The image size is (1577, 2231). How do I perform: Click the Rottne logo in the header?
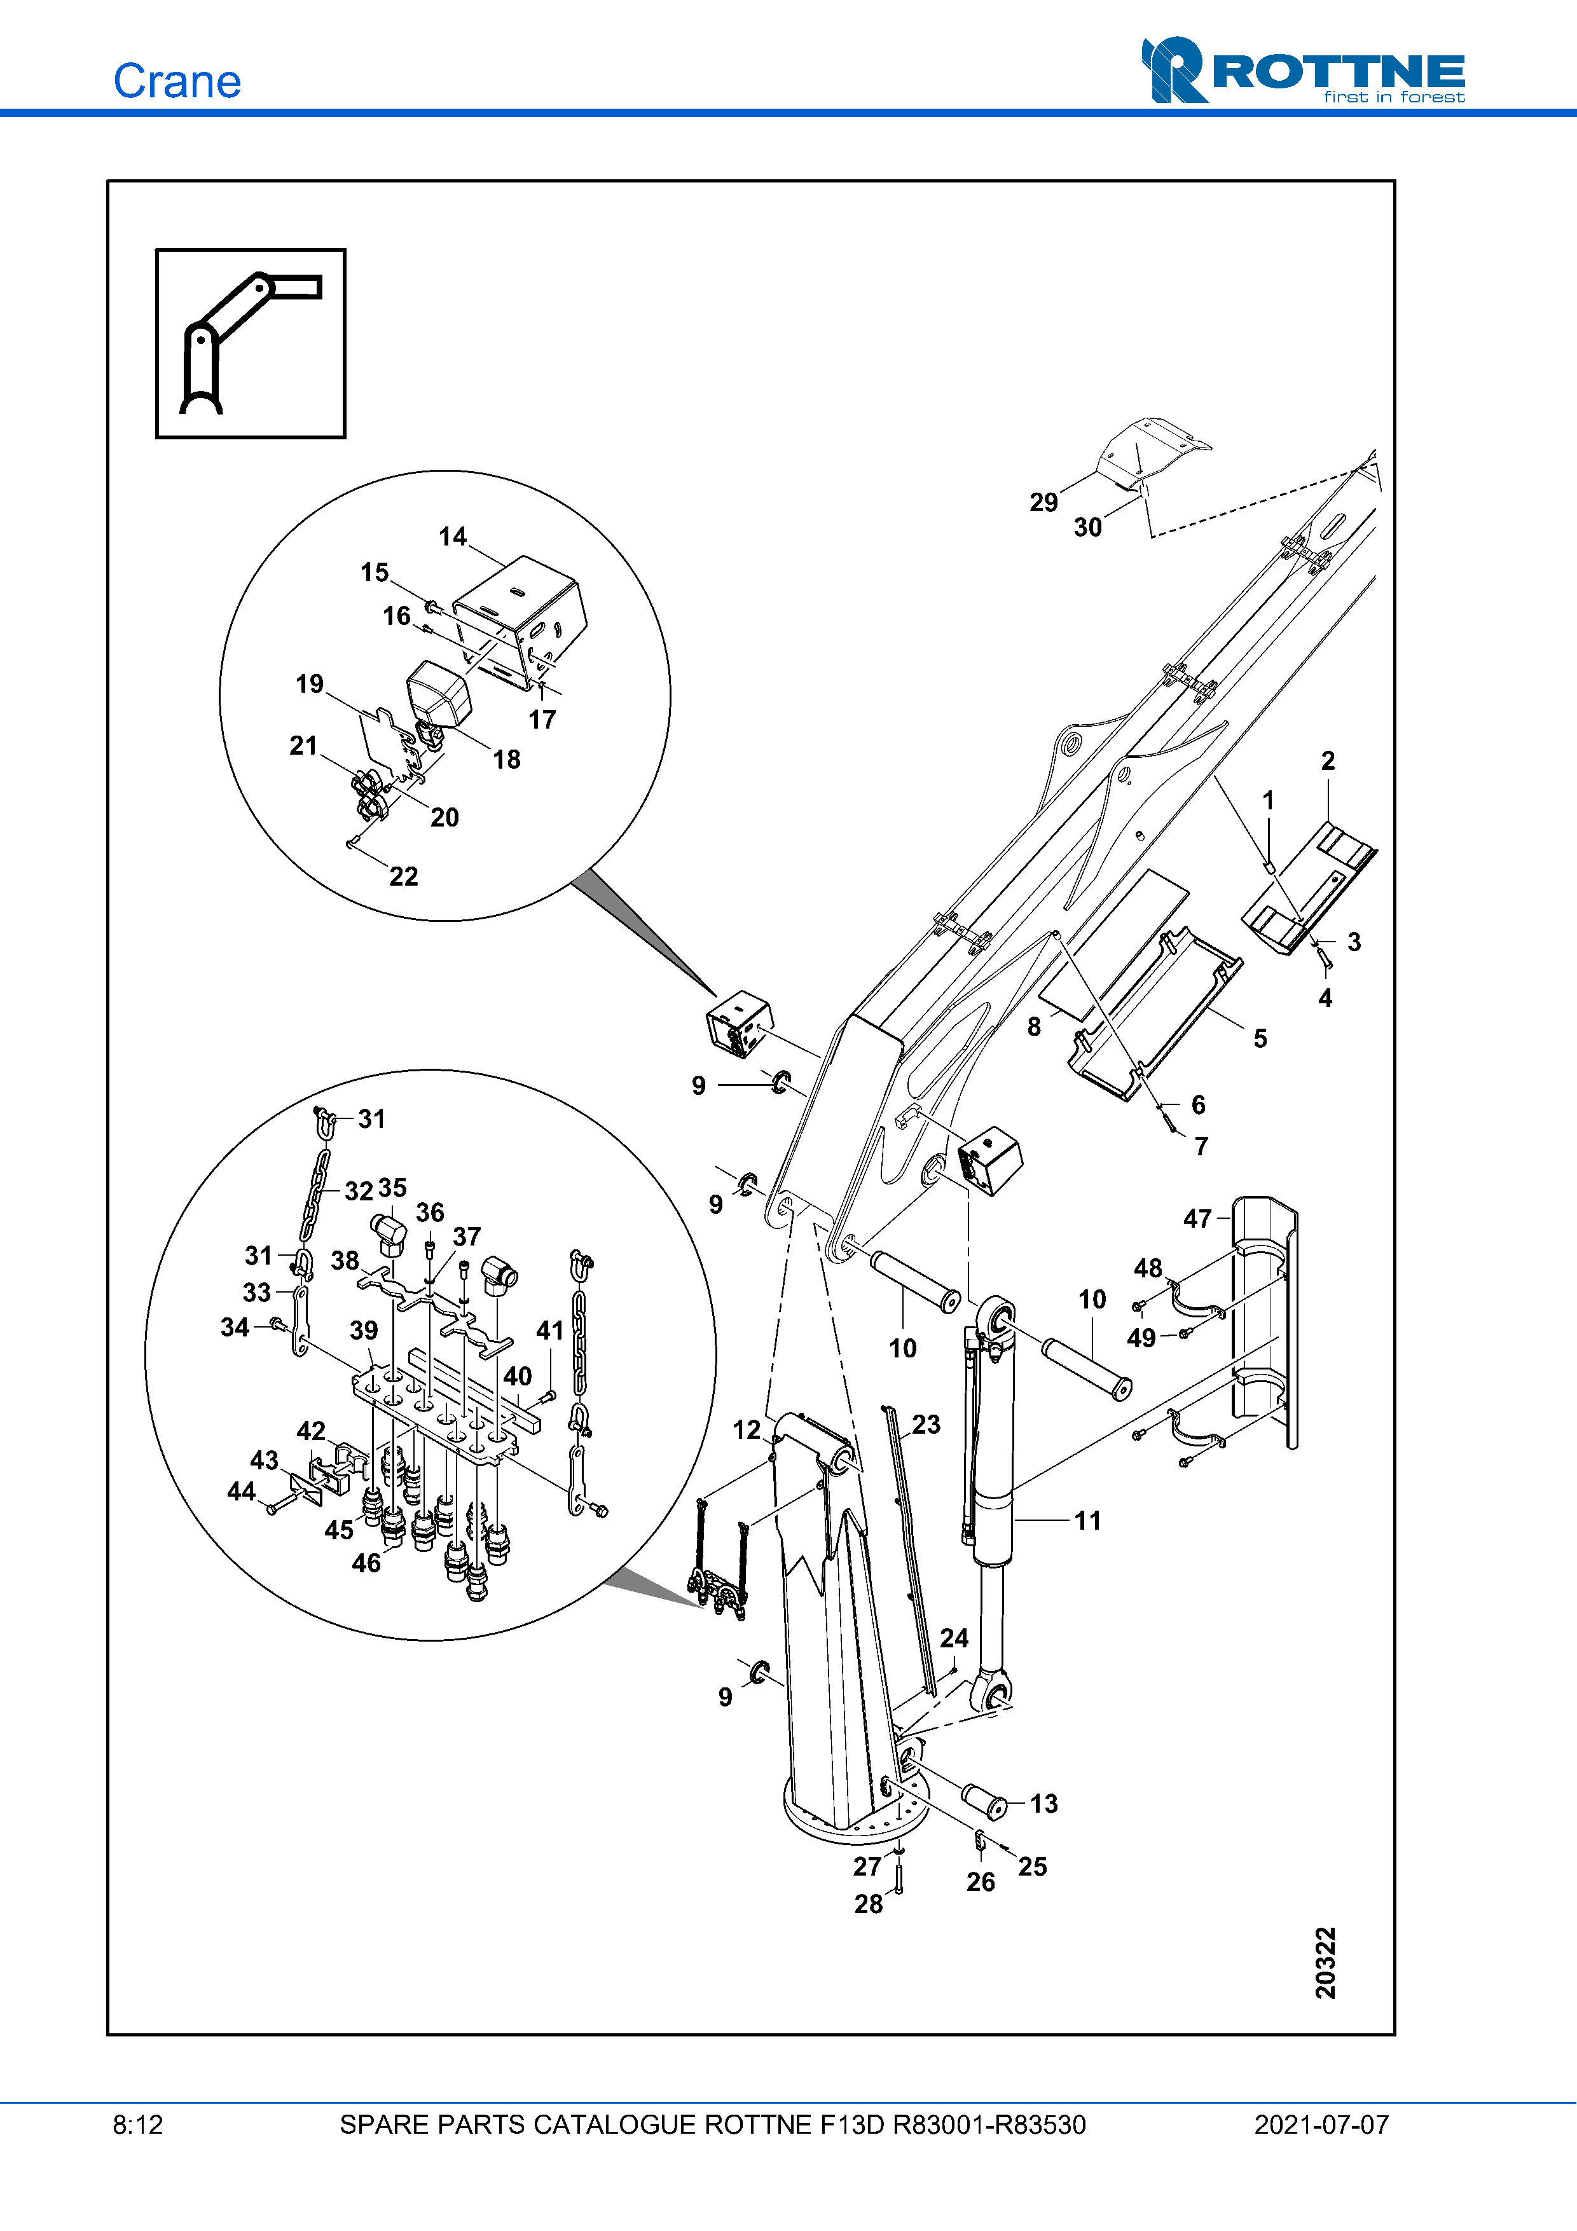pyautogui.click(x=1302, y=71)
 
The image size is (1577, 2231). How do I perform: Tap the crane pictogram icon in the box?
pyautogui.click(x=250, y=343)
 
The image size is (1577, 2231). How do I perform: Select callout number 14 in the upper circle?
pyautogui.click(x=453, y=537)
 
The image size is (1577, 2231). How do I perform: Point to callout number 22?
pyautogui.click(x=403, y=877)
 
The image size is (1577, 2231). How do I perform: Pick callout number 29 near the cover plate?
pyautogui.click(x=1043, y=502)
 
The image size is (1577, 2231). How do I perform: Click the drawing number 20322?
pyautogui.click(x=1325, y=1963)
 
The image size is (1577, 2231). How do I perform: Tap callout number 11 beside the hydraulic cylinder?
pyautogui.click(x=1088, y=1521)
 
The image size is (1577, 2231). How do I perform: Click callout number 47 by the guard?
pyautogui.click(x=1197, y=1219)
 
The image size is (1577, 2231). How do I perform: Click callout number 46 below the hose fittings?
pyautogui.click(x=366, y=1563)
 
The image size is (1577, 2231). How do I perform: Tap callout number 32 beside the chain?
pyautogui.click(x=359, y=1191)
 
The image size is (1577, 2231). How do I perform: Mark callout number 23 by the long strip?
pyautogui.click(x=926, y=1425)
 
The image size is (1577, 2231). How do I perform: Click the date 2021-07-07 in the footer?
pyautogui.click(x=1321, y=2125)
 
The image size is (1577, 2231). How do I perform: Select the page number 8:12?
pyautogui.click(x=138, y=2125)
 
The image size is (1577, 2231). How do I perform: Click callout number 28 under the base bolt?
pyautogui.click(x=869, y=1904)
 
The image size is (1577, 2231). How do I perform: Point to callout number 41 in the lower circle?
pyautogui.click(x=550, y=1330)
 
